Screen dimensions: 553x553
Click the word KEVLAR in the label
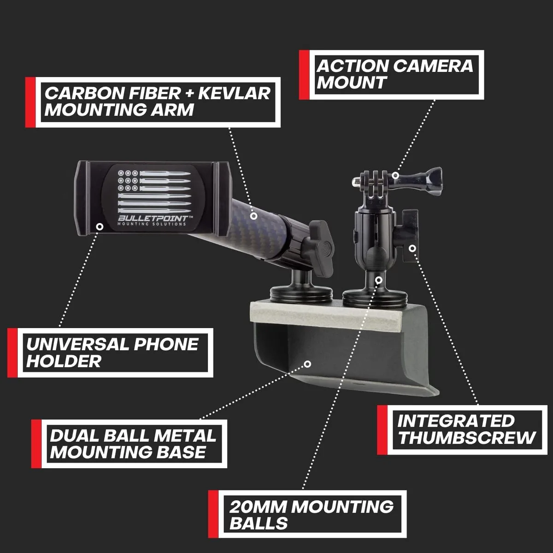click(234, 93)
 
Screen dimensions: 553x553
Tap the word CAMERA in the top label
click(433, 66)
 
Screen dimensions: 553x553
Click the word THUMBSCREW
click(467, 437)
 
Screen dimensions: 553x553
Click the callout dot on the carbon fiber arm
click(253, 216)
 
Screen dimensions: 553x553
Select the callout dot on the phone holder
click(100, 227)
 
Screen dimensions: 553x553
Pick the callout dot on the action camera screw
click(395, 175)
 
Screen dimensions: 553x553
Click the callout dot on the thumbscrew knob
click(412, 248)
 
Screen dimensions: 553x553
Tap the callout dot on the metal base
click(307, 364)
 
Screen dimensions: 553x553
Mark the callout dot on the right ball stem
click(379, 280)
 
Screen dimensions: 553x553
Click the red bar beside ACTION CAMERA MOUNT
click(304, 75)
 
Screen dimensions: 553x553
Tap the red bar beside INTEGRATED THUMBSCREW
click(382, 430)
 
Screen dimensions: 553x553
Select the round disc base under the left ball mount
click(301, 296)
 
